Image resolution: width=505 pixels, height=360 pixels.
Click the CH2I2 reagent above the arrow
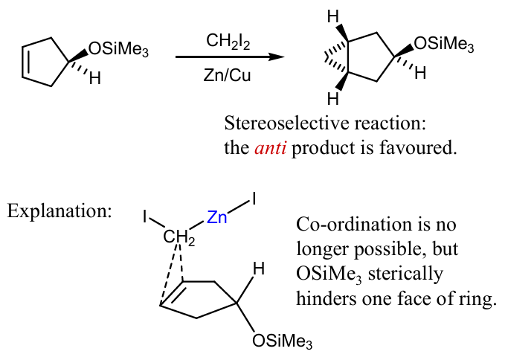pyautogui.click(x=228, y=42)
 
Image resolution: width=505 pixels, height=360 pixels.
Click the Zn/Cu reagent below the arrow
pyautogui.click(x=227, y=75)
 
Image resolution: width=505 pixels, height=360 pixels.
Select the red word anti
pyautogui.click(x=270, y=148)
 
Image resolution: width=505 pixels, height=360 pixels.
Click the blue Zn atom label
pyautogui.click(x=216, y=217)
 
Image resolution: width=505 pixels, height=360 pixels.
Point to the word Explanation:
pyautogui.click(x=59, y=211)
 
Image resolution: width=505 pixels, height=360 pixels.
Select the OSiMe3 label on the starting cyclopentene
pyautogui.click(x=118, y=51)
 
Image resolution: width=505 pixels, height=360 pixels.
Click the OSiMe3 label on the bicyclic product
pyautogui.click(x=444, y=45)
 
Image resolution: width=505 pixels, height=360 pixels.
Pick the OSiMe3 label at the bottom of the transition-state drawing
pyautogui.click(x=282, y=341)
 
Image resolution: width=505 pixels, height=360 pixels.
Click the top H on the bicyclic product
pyautogui.click(x=333, y=17)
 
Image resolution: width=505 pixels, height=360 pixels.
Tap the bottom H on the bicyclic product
pyautogui.click(x=333, y=99)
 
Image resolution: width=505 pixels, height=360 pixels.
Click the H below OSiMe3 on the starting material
pyautogui.click(x=95, y=78)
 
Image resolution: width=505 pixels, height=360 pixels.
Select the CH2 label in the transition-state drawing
pyautogui.click(x=179, y=237)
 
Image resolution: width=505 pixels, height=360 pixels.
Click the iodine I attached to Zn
pyautogui.click(x=254, y=199)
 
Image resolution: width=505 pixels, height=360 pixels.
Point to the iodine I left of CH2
pyautogui.click(x=145, y=216)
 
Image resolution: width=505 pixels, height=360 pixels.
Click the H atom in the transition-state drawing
pyautogui.click(x=259, y=269)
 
